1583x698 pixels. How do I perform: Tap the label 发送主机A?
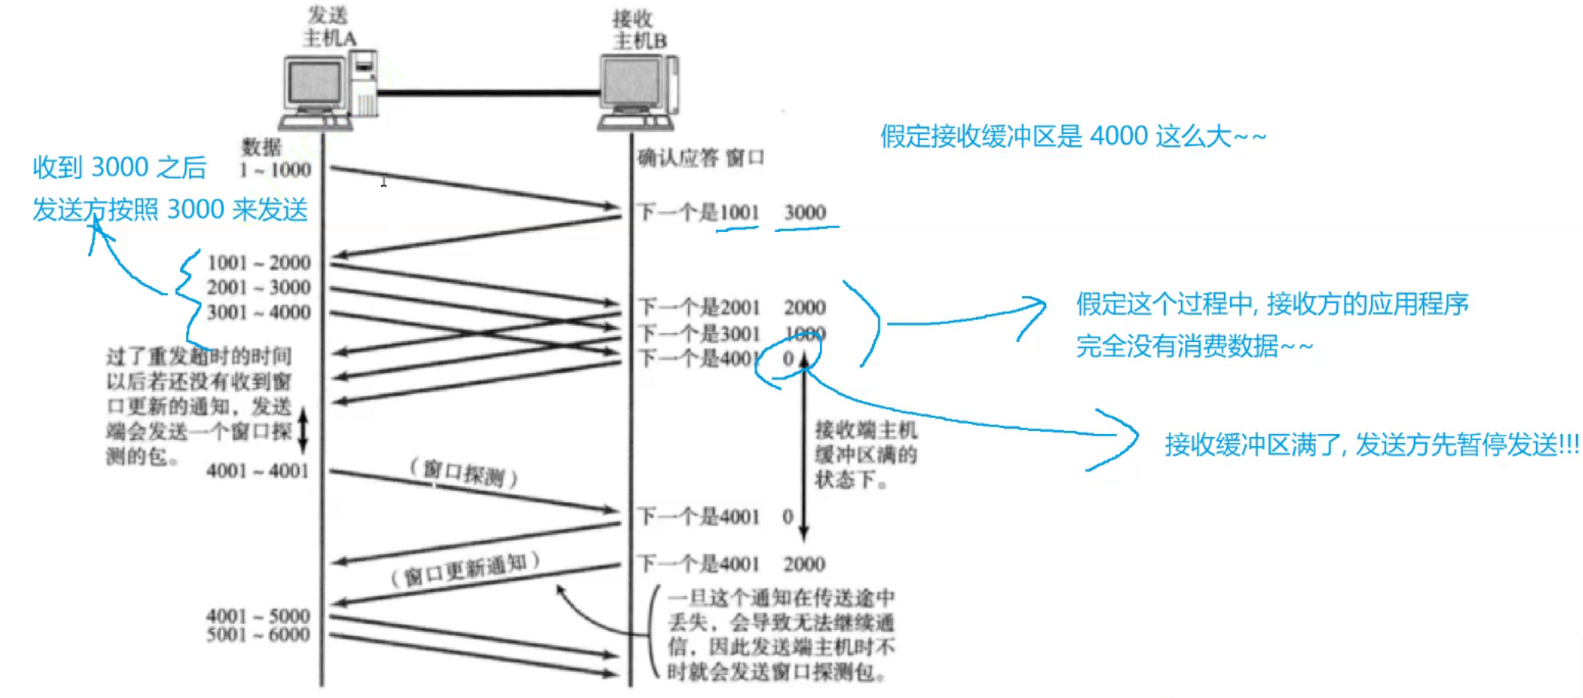[x=329, y=27]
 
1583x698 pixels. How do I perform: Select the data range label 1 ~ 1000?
[x=275, y=170]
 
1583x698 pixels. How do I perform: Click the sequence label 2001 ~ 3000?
[x=259, y=287]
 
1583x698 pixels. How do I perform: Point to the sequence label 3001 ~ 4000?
[x=259, y=312]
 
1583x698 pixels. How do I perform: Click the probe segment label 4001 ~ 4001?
[x=257, y=470]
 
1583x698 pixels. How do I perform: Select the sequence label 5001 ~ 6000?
[x=258, y=634]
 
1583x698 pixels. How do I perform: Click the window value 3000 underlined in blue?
[x=805, y=212]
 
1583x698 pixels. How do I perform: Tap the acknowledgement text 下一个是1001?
[x=698, y=212]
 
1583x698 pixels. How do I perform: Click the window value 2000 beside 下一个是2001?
[x=805, y=307]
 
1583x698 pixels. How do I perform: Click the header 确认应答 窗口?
[x=700, y=158]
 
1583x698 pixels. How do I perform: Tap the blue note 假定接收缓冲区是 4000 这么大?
[x=1072, y=136]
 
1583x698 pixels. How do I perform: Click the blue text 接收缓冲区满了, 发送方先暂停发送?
[x=1370, y=444]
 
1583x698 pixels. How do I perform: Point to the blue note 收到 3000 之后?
[x=119, y=167]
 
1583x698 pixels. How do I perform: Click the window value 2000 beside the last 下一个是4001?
[x=804, y=564]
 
